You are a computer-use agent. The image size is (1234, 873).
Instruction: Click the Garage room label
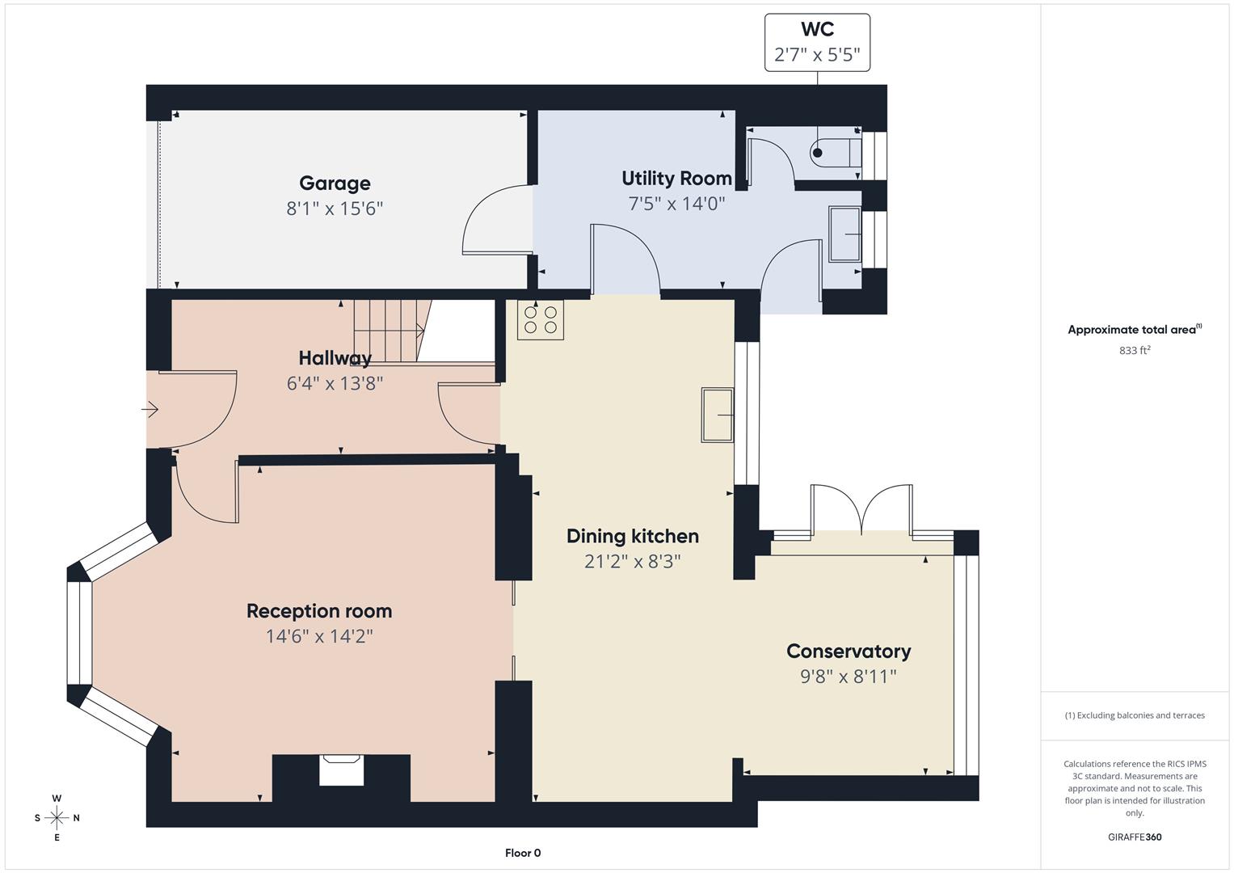point(335,183)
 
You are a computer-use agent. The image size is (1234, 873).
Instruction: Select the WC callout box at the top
point(817,42)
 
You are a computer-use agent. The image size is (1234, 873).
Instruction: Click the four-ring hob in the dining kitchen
point(541,319)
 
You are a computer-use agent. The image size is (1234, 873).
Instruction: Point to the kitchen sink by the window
point(718,415)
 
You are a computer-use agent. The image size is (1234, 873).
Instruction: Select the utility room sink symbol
point(845,234)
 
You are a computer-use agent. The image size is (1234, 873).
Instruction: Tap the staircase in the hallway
point(388,330)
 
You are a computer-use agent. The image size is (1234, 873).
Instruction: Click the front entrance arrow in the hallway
point(150,410)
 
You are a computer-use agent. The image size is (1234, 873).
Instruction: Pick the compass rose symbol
point(57,818)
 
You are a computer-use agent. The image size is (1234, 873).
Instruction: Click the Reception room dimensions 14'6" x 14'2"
point(319,636)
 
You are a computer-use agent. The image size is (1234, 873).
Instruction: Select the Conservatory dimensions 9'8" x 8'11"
point(849,677)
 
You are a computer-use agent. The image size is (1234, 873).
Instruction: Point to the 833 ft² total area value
point(1135,350)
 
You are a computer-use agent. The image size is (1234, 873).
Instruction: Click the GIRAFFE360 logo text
point(1135,837)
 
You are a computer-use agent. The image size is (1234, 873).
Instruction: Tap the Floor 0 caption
point(523,853)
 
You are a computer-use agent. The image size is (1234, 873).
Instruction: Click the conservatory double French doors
point(862,509)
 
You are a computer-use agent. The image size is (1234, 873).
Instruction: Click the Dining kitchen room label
point(632,536)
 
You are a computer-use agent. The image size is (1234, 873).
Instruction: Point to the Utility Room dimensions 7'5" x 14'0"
point(676,203)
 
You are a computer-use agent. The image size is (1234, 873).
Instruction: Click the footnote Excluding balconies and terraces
point(1135,715)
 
